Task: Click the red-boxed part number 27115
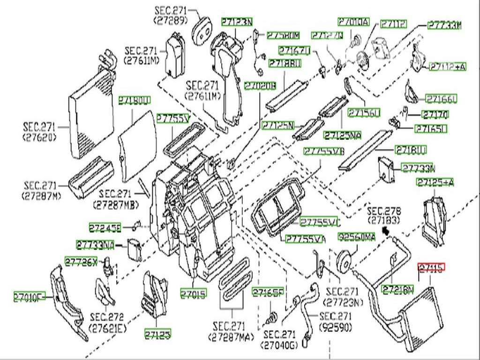[431, 268]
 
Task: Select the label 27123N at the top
[237, 22]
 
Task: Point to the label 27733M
[445, 25]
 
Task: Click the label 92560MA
[357, 238]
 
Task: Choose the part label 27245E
[105, 228]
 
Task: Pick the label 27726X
[81, 262]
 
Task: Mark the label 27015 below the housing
[194, 294]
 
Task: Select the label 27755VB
[324, 151]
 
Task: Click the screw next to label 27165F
[271, 319]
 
